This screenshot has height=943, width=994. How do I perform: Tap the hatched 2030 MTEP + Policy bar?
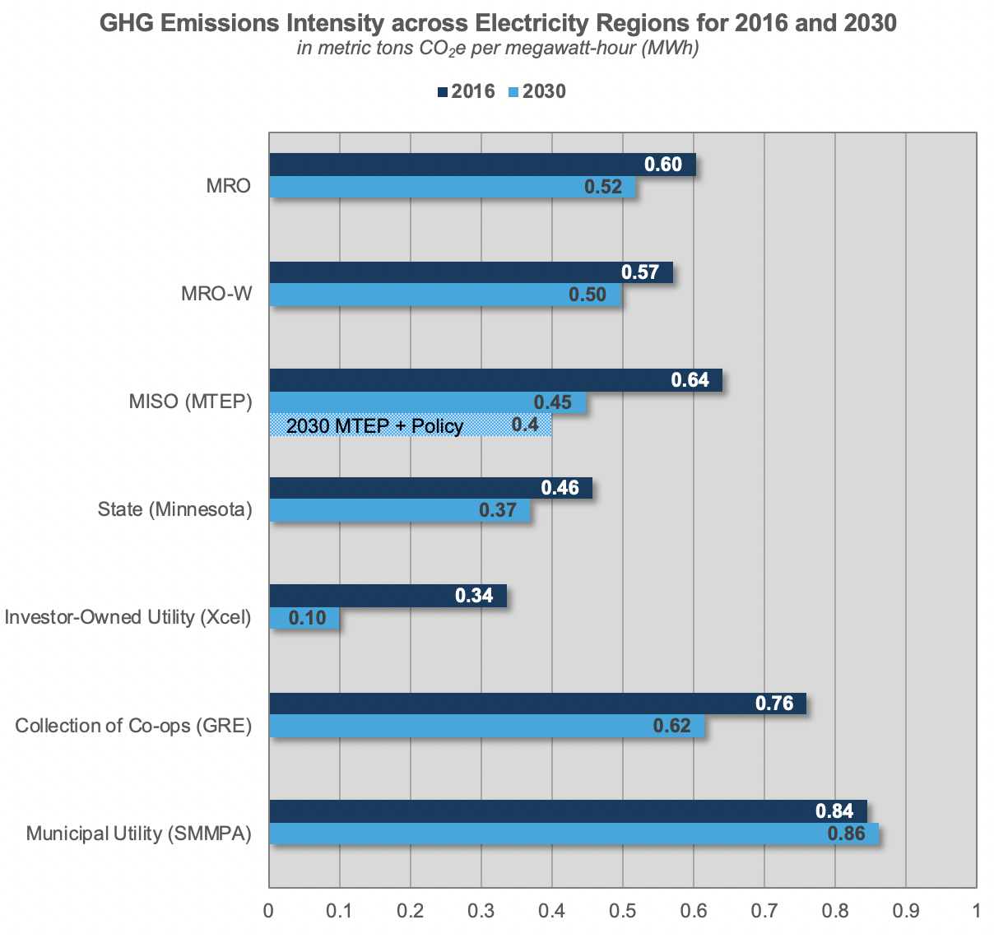[410, 425]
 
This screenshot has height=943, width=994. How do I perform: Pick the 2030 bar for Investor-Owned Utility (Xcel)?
[304, 618]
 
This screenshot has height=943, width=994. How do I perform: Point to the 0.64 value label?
[690, 380]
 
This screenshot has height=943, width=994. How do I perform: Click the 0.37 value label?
[498, 510]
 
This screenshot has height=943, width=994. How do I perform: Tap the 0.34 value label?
[474, 595]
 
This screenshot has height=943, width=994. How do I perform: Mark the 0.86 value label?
[846, 834]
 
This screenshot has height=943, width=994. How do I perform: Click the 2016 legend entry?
[466, 91]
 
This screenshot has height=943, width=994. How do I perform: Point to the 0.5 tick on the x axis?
[623, 911]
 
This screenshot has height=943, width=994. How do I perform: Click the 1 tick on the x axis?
[976, 911]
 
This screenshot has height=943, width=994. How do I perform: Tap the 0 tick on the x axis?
[269, 911]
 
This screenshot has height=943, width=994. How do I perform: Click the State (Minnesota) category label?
[174, 509]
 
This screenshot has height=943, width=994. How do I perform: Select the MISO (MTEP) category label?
[190, 402]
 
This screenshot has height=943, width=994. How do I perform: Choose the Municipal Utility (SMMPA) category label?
[138, 834]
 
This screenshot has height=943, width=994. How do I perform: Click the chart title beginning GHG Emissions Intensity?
[498, 22]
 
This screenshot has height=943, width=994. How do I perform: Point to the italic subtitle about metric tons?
[498, 49]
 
